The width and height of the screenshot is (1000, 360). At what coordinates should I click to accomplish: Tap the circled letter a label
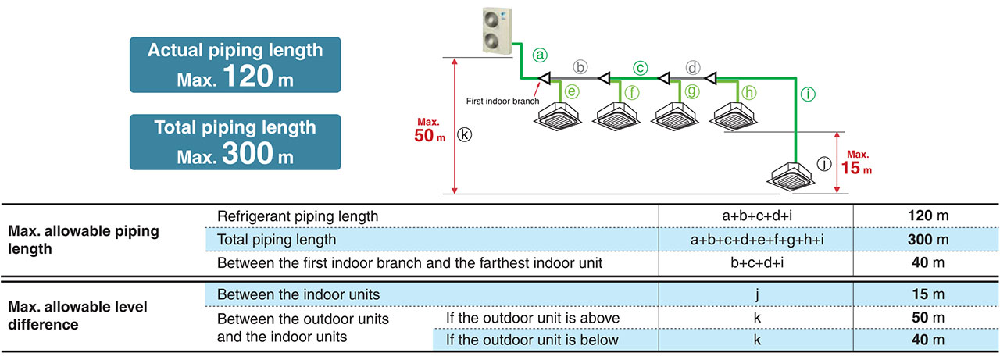coord(540,55)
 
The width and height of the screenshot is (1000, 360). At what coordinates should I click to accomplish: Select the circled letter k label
coord(466,134)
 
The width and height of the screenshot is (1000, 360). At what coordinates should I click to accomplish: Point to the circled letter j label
coord(824,164)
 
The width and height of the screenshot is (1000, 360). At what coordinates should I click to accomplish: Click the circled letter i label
coord(809,94)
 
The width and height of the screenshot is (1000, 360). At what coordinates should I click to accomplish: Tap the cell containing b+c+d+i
coord(755,263)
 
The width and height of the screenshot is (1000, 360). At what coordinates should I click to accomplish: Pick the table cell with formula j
coord(755,294)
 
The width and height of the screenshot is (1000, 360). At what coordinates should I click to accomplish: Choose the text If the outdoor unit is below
coord(532,340)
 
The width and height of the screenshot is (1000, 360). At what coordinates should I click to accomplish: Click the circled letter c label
coord(641,68)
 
